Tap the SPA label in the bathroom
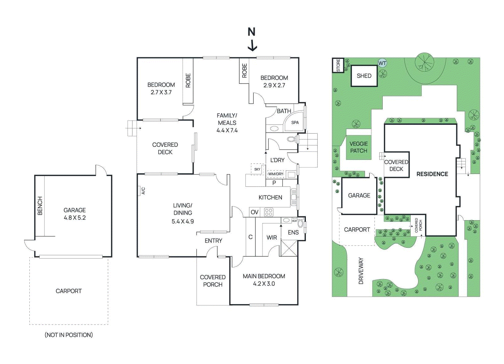tap(295, 123)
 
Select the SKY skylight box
tap(257, 169)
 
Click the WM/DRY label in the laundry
tap(276, 174)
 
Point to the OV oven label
tap(255, 212)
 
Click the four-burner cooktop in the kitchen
tap(269, 212)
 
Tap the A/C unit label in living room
tap(143, 191)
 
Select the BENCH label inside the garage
tap(40, 206)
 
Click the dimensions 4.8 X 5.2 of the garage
tap(75, 218)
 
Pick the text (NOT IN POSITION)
tap(69, 335)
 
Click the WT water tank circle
tap(382, 63)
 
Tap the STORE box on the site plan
tap(338, 65)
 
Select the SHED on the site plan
tap(364, 76)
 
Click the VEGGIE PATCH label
tap(358, 147)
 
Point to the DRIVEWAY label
tap(361, 271)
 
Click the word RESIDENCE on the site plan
tap(432, 174)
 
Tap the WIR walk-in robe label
tap(272, 238)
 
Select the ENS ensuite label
tap(293, 232)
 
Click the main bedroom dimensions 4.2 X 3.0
tap(264, 284)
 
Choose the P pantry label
tap(274, 183)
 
